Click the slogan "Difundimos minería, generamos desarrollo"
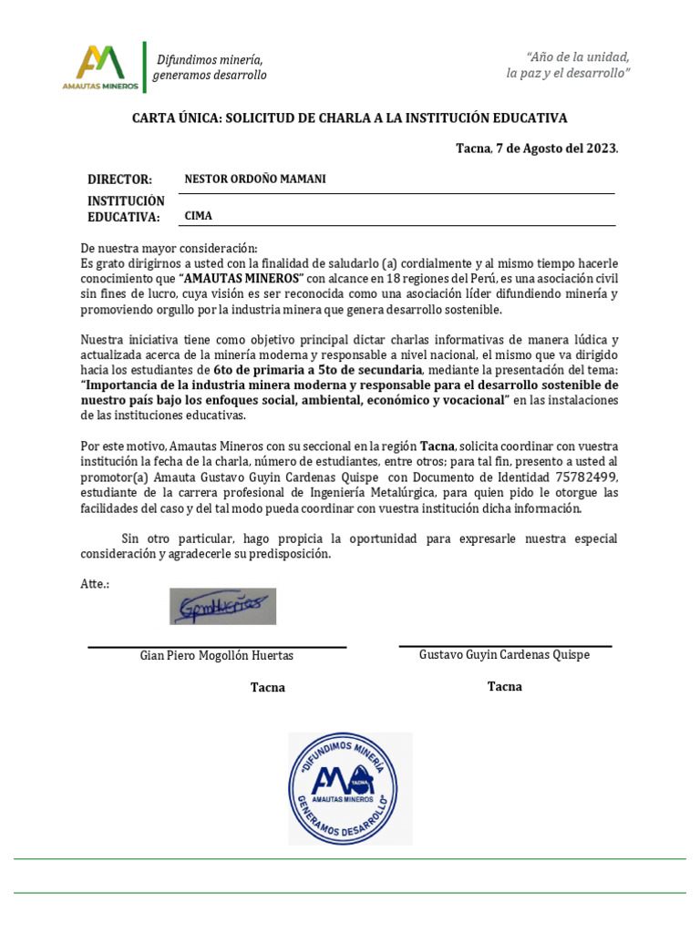click(210, 67)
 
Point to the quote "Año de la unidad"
click(568, 56)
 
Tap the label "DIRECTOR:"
click(119, 180)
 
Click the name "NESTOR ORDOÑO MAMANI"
click(255, 179)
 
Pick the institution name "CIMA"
click(199, 217)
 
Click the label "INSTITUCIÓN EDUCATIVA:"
click(126, 209)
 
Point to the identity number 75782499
click(585, 477)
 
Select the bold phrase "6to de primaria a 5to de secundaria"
click(317, 370)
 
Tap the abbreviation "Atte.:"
click(95, 583)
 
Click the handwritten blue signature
click(222, 606)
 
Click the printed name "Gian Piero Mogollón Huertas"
click(217, 656)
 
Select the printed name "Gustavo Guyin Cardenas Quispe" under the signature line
click(504, 655)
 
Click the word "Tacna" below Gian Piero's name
click(268, 688)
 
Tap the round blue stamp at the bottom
click(350, 789)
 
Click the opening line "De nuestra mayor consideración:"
click(170, 248)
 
